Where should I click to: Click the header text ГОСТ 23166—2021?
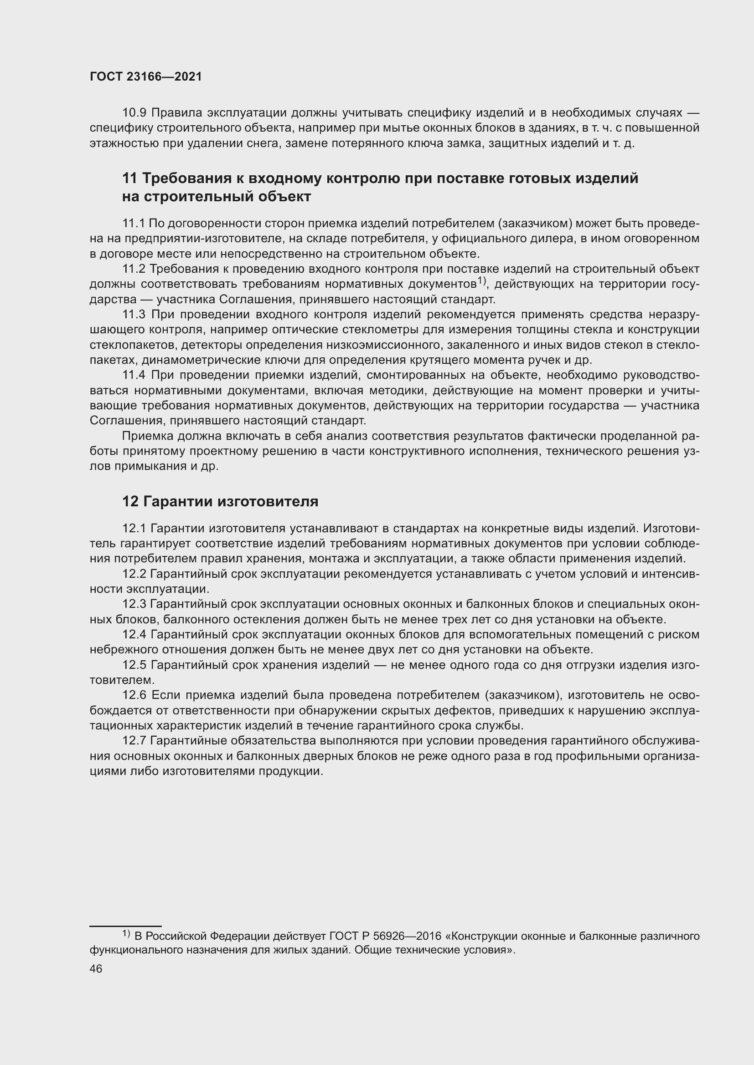(x=146, y=77)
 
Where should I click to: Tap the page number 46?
(x=96, y=969)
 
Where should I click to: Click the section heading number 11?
(x=130, y=178)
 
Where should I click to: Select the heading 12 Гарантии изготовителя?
(x=220, y=501)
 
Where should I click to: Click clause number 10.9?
(x=134, y=113)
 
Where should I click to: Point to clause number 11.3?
(x=134, y=315)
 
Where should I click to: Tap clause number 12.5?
(x=134, y=665)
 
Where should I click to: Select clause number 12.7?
(x=134, y=741)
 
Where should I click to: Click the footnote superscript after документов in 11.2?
(x=480, y=280)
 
